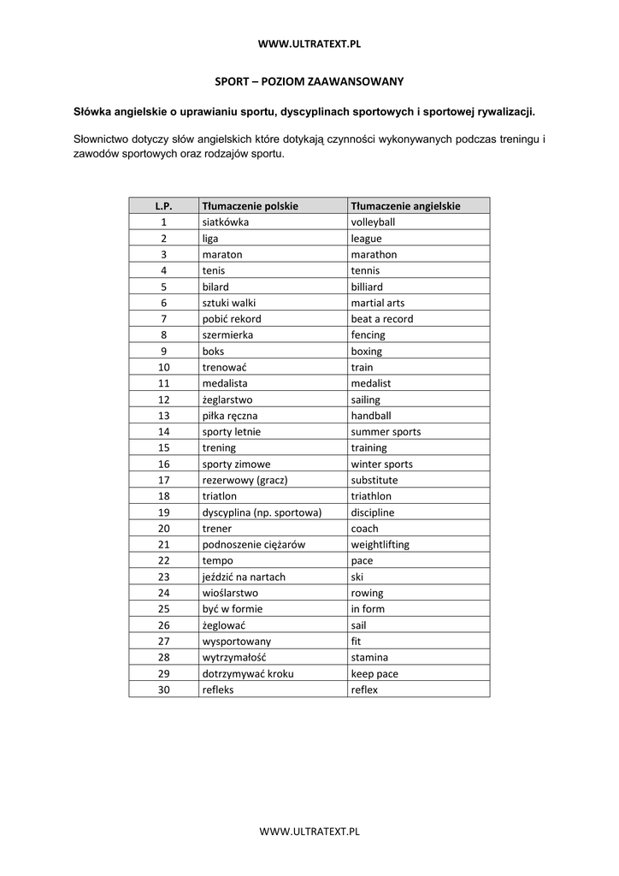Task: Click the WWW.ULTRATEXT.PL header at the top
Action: tap(309, 44)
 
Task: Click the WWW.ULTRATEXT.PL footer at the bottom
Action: tap(309, 830)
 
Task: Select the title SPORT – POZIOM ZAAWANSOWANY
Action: tap(309, 81)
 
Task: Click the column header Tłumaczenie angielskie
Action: tap(406, 206)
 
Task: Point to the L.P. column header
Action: tap(164, 206)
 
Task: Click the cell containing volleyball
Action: tap(373, 222)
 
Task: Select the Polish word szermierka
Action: tap(227, 335)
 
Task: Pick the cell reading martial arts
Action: tap(378, 303)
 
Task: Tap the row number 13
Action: tap(164, 416)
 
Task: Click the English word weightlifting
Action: tap(380, 545)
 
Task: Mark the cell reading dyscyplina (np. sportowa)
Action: tap(261, 512)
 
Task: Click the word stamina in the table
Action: tap(369, 658)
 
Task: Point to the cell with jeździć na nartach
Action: tap(244, 577)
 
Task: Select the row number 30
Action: tap(164, 690)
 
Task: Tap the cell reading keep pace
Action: tap(374, 674)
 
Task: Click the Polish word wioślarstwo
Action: tap(230, 593)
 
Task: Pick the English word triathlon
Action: tap(371, 496)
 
